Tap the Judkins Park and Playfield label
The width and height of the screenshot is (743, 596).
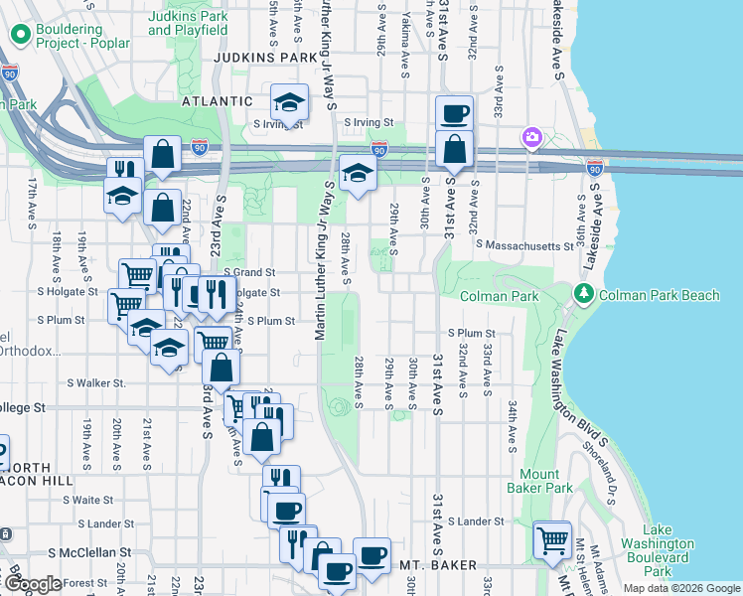pyautogui.click(x=188, y=24)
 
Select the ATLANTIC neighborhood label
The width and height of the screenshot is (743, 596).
pyautogui.click(x=218, y=101)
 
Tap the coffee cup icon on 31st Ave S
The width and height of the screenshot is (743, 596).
pyautogui.click(x=454, y=113)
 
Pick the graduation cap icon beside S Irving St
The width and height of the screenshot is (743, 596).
pyautogui.click(x=289, y=101)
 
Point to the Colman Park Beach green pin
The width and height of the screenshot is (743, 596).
pyautogui.click(x=584, y=294)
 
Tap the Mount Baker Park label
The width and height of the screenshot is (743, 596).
pyautogui.click(x=545, y=481)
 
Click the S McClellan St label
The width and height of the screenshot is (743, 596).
pyautogui.click(x=90, y=551)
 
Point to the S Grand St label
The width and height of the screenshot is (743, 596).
pyautogui.click(x=248, y=271)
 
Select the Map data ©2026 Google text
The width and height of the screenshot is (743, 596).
pyautogui.click(x=680, y=588)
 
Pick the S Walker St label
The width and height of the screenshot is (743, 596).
pyautogui.click(x=96, y=382)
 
